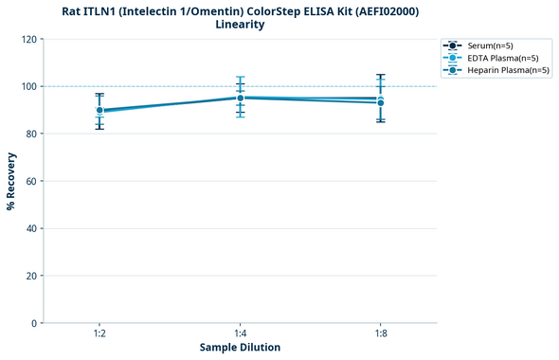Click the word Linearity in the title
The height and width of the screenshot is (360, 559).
pyautogui.click(x=240, y=25)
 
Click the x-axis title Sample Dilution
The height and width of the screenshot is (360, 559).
pyautogui.click(x=240, y=348)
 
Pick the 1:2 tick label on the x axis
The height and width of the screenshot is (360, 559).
pyautogui.click(x=99, y=332)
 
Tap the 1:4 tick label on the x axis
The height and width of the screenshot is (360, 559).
pyautogui.click(x=240, y=332)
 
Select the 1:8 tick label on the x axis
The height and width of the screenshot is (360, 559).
pyautogui.click(x=380, y=332)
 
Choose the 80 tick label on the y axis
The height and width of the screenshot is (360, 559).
pyautogui.click(x=30, y=134)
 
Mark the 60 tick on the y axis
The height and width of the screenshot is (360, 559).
pyautogui.click(x=30, y=181)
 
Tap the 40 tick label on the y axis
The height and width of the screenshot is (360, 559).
pyautogui.click(x=30, y=228)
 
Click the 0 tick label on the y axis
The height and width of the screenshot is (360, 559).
pyautogui.click(x=33, y=323)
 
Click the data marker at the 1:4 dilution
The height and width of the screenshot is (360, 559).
pyautogui.click(x=240, y=98)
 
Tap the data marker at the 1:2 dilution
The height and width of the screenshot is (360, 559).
pyautogui.click(x=99, y=110)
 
